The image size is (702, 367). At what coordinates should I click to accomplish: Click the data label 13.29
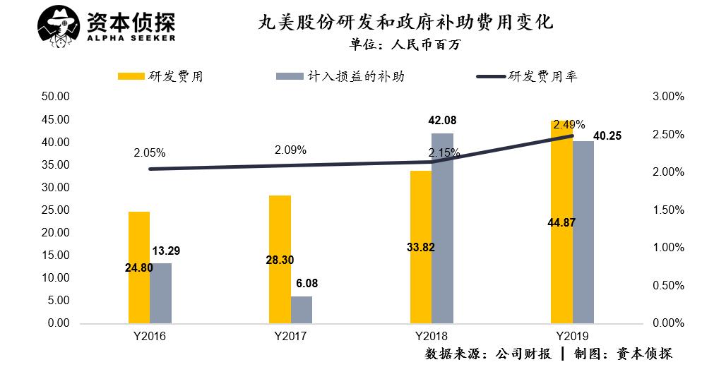click(x=166, y=251)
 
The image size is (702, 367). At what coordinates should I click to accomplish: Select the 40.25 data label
click(x=607, y=136)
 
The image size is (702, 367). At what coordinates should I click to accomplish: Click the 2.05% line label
click(x=148, y=152)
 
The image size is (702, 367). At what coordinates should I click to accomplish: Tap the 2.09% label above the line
click(x=290, y=150)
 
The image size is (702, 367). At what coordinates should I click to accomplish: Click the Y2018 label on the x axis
click(x=432, y=337)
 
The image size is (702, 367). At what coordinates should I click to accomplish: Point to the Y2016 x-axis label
click(x=150, y=337)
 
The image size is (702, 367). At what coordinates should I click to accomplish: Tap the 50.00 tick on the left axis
click(x=54, y=97)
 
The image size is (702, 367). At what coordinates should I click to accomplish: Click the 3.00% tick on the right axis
click(x=667, y=97)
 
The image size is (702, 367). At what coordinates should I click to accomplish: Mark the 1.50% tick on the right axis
click(x=667, y=210)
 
